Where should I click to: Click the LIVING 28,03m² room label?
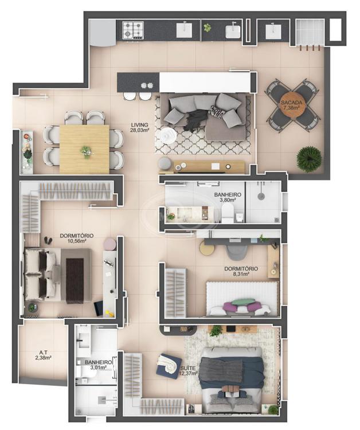click(139, 127)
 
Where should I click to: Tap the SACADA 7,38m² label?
click(291, 105)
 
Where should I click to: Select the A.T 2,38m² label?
click(44, 355)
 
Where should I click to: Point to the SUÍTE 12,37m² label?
click(189, 370)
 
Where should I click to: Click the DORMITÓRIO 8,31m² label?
click(241, 271)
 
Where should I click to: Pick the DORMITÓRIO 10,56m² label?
click(76, 239)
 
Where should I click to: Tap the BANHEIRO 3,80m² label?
click(228, 197)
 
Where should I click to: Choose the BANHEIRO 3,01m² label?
click(98, 365)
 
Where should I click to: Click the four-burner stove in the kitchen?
click(133, 30)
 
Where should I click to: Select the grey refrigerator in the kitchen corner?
click(103, 33)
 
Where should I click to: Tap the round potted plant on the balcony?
click(309, 159)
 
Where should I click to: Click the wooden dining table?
click(84, 149)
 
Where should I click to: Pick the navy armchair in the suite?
click(169, 366)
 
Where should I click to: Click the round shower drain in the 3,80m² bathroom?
click(261, 196)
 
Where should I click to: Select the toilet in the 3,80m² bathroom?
click(228, 214)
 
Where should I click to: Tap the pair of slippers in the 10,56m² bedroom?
click(48, 240)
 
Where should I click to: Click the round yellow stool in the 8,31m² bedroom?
click(207, 249)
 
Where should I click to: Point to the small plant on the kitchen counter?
click(208, 27)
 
